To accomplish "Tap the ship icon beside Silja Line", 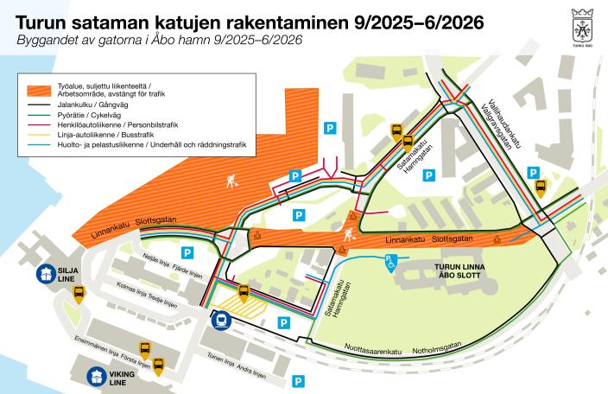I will [x=43, y=275].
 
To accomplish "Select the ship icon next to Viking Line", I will [x=97, y=377].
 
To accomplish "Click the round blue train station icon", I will [x=219, y=320].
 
